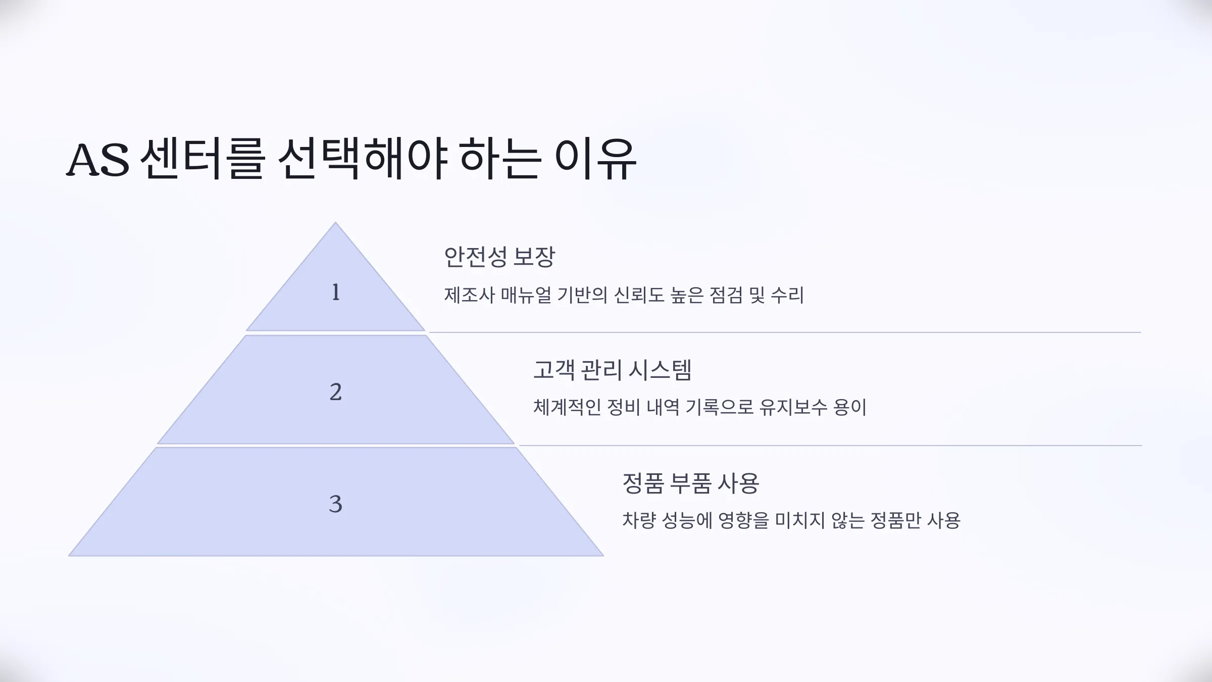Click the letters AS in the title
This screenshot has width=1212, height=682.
click(x=98, y=160)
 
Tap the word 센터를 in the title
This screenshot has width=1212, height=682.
click(x=203, y=159)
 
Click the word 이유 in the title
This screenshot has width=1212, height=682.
click(x=595, y=159)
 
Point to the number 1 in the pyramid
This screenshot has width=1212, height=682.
click(x=336, y=292)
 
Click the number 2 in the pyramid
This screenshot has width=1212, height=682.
click(x=336, y=392)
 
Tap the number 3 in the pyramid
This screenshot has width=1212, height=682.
click(x=336, y=504)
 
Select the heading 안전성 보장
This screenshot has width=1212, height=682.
click(x=499, y=257)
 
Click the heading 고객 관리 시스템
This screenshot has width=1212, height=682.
click(x=612, y=370)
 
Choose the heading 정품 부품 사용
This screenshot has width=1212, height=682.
click(x=690, y=483)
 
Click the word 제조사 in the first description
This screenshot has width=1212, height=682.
click(x=469, y=295)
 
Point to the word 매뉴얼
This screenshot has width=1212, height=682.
click(x=526, y=295)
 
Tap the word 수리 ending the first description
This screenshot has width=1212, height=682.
click(x=787, y=295)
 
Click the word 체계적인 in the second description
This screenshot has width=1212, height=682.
click(x=567, y=407)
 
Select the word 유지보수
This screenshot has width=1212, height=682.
click(x=793, y=407)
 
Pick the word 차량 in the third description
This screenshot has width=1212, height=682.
click(x=639, y=520)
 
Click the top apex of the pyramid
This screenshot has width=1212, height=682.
click(x=335, y=222)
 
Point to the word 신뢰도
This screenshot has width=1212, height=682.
click(x=639, y=295)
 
